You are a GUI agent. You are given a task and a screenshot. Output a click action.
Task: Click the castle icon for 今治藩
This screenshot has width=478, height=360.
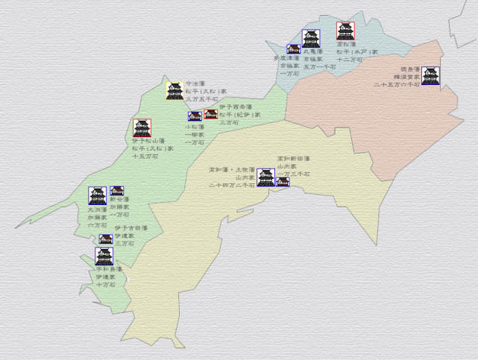174,91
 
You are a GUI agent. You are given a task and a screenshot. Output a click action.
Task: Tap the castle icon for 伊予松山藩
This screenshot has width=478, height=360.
142,128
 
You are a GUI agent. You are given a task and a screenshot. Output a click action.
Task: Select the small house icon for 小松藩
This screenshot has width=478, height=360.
195,116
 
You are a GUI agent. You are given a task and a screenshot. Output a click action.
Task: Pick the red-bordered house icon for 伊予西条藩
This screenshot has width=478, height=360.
210,115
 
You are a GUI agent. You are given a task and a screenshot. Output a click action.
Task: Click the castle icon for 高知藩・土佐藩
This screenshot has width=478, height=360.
265,177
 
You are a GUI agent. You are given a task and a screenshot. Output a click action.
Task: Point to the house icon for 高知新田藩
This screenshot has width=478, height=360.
282,181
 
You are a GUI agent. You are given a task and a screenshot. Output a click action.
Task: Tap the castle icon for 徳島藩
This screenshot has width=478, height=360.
430,75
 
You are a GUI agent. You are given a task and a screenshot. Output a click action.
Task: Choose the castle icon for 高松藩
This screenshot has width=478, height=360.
345,31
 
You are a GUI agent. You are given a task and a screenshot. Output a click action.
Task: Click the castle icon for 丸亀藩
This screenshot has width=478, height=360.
310,39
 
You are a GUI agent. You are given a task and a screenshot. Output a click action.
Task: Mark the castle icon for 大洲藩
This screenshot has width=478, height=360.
97,196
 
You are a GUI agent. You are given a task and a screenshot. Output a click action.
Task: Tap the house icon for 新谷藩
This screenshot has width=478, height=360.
116,192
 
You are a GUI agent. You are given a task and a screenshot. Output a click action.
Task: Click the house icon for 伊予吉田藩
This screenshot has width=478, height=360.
106,239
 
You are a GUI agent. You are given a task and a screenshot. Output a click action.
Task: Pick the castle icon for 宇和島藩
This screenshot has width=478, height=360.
104,257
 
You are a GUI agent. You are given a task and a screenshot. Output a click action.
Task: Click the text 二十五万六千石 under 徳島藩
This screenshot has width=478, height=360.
397,85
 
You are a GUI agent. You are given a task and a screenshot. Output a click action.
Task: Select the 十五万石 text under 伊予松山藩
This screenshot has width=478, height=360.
145,157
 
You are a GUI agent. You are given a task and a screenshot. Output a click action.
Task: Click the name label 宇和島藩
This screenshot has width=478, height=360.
109,270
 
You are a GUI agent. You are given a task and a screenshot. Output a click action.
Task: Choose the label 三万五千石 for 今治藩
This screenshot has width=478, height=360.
202,98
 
